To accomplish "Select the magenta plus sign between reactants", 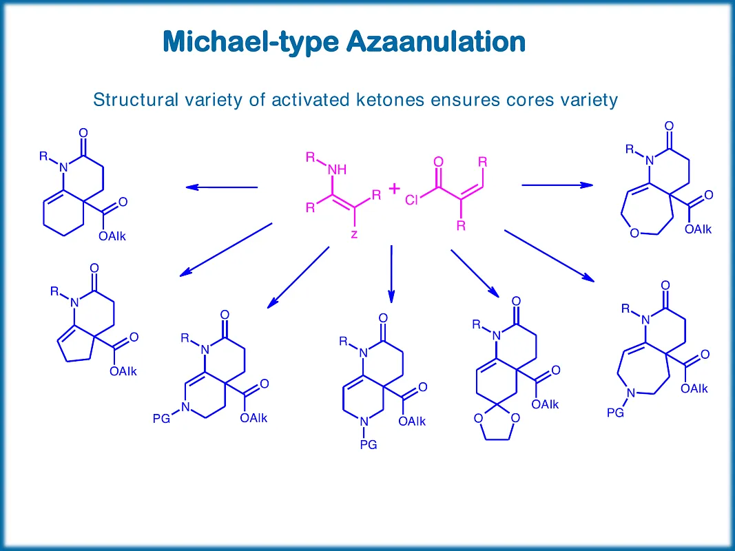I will click(394, 188).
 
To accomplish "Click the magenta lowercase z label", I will click(354, 234).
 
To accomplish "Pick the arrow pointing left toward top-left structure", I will click(221, 187).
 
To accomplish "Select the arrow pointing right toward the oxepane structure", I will click(557, 185).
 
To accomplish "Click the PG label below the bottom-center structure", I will click(369, 445).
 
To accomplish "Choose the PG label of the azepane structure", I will click(615, 413).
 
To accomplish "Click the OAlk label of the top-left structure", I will click(112, 236).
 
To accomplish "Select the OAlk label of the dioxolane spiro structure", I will click(545, 404).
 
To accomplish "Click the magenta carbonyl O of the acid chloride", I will click(438, 162).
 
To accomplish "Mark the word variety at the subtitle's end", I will click(588, 100).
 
